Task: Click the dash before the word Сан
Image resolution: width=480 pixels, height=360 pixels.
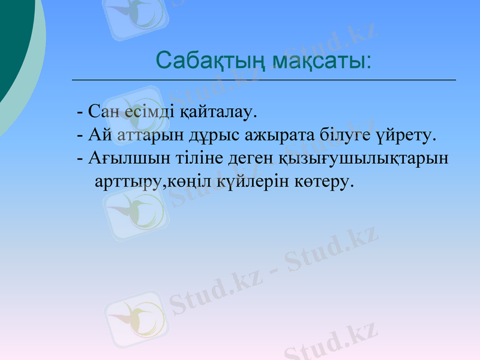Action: pos(80,112)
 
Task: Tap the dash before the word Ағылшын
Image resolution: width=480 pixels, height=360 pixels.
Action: pos(80,159)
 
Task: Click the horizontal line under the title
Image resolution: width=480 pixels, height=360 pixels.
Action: pos(264,80)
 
